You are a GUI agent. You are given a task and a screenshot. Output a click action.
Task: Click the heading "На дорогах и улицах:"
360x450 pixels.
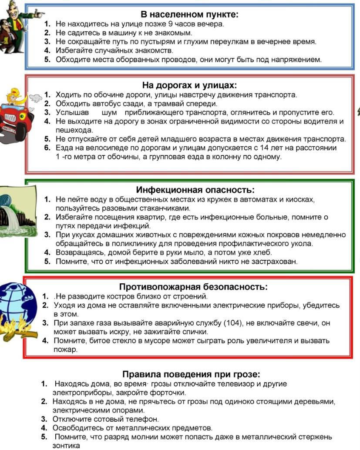[189, 85]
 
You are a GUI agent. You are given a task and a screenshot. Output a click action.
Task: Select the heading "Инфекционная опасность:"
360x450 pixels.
[195, 190]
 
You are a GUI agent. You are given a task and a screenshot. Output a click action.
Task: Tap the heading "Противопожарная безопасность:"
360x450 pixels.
[193, 287]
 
